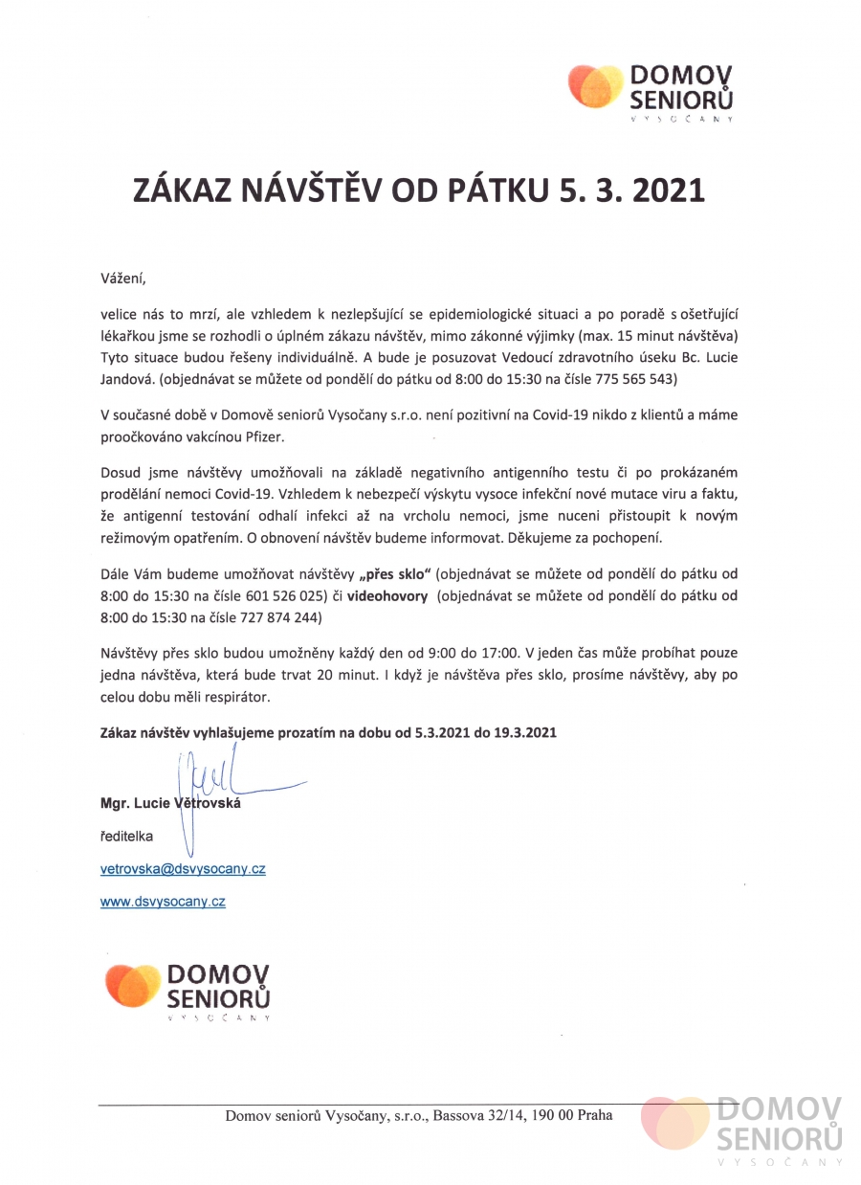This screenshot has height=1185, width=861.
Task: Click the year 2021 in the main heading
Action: tap(660, 191)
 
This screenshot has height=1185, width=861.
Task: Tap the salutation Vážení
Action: tap(125, 279)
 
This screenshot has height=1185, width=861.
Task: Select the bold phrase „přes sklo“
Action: tap(398, 573)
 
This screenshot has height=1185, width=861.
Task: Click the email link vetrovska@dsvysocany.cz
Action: tap(183, 869)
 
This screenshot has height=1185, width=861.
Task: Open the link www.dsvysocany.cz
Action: tap(163, 901)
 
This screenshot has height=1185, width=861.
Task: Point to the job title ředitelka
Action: tap(126, 836)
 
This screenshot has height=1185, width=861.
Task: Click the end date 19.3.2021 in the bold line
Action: tap(520, 732)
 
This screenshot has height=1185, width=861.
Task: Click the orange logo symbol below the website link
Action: tap(133, 986)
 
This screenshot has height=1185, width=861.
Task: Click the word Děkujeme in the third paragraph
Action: tap(563, 537)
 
